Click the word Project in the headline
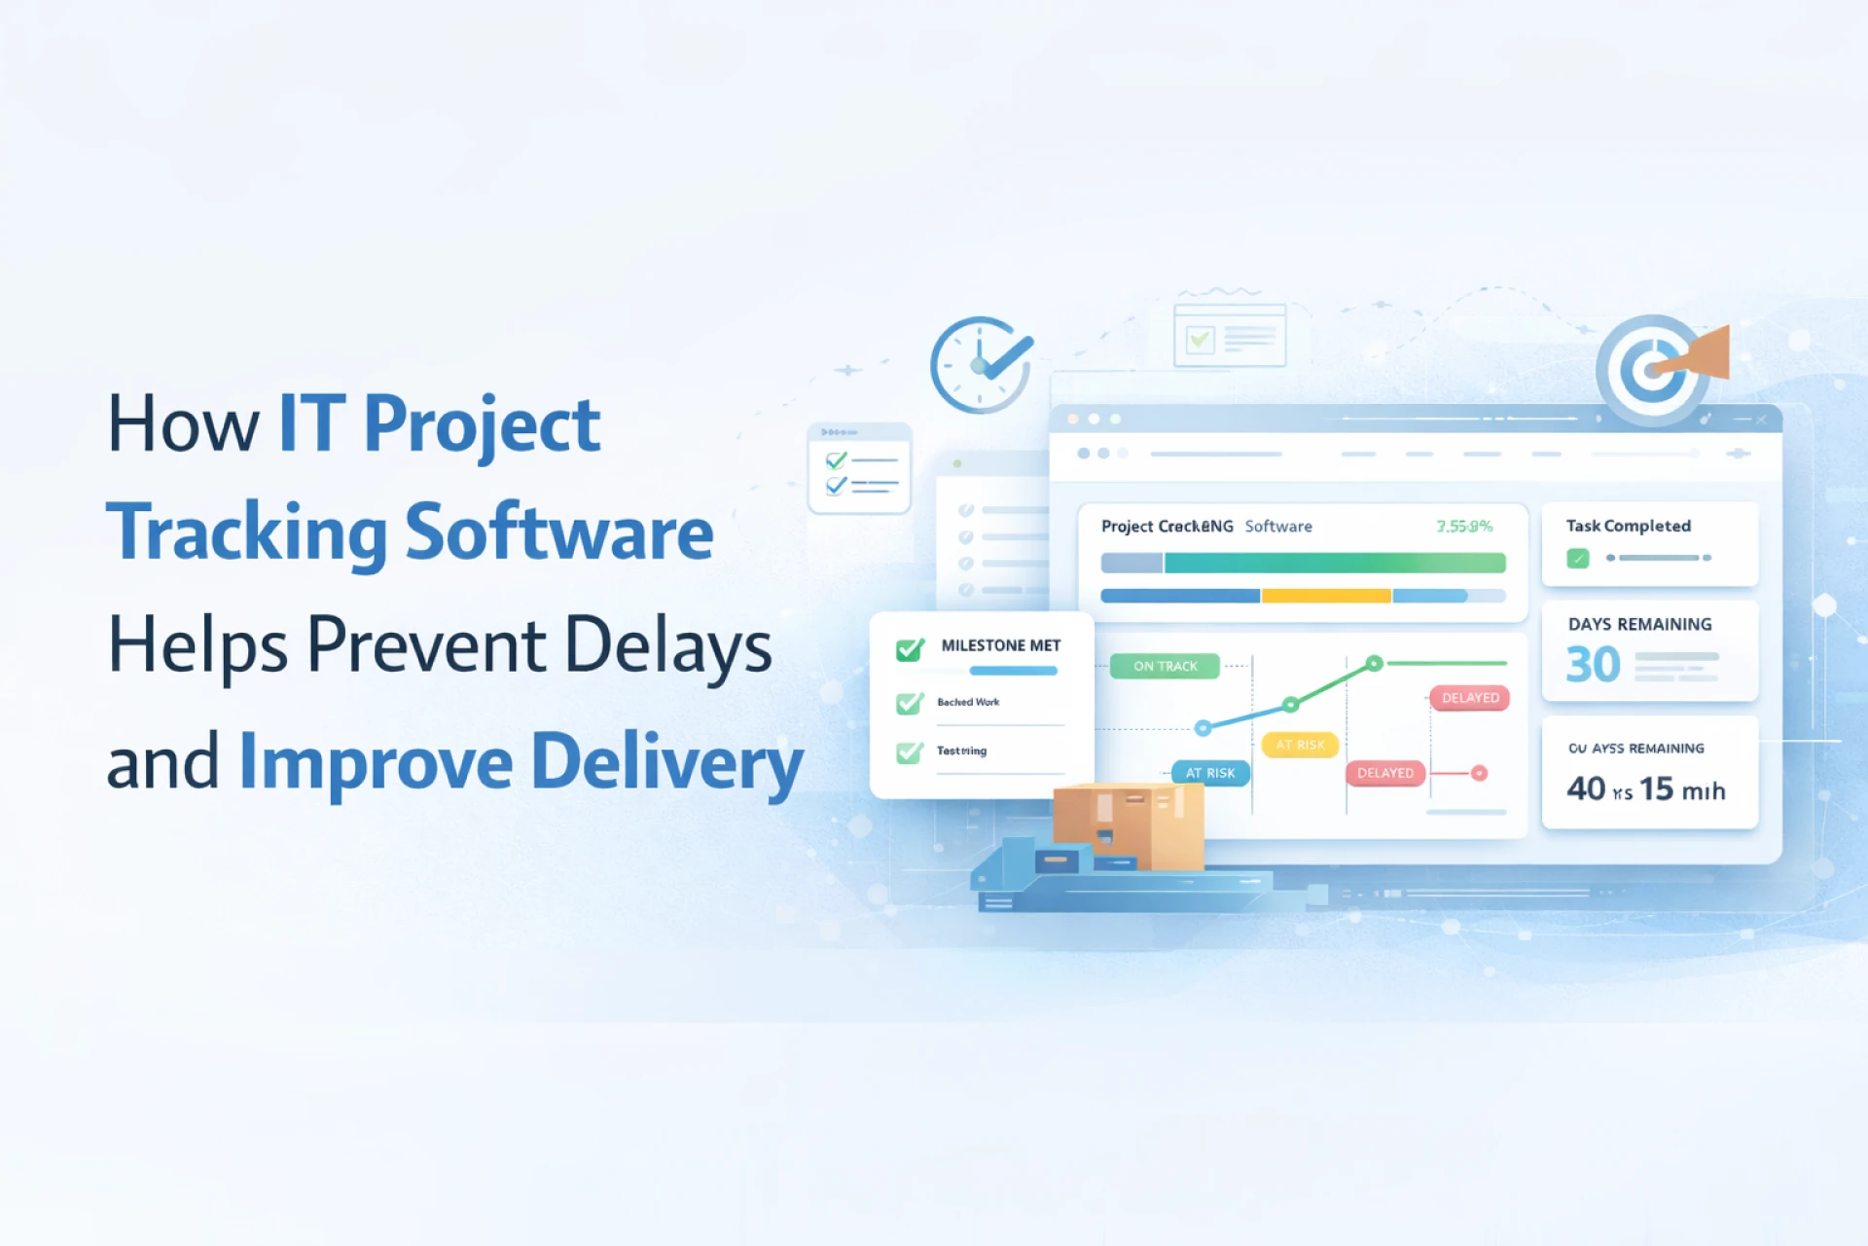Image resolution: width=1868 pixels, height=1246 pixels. (482, 425)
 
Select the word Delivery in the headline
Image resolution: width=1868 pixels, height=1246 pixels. (667, 762)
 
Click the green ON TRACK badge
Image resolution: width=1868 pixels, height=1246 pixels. (1165, 667)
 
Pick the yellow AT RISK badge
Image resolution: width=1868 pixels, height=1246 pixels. (1300, 745)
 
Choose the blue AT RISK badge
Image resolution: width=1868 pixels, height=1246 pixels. (1210, 773)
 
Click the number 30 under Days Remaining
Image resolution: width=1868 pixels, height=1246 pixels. (1593, 666)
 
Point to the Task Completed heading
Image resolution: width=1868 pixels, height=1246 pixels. (1628, 526)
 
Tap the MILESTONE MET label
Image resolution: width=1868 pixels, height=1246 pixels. (1000, 645)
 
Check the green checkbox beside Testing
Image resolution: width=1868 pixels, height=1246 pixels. (910, 752)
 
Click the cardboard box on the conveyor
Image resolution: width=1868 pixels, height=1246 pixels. (1129, 825)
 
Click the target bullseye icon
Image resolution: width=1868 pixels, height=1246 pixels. (1651, 370)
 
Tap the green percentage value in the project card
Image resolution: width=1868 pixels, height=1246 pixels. (1464, 527)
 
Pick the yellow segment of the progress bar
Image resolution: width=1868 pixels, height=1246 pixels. (1326, 596)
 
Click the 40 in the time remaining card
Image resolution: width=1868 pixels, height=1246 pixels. (1586, 788)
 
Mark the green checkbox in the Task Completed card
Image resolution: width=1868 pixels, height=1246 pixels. (1578, 559)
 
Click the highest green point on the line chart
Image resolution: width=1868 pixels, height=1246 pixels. (1374, 664)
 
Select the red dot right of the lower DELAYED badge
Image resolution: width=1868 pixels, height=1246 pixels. (1479, 774)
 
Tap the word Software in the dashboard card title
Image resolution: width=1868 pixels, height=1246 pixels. (1278, 527)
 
